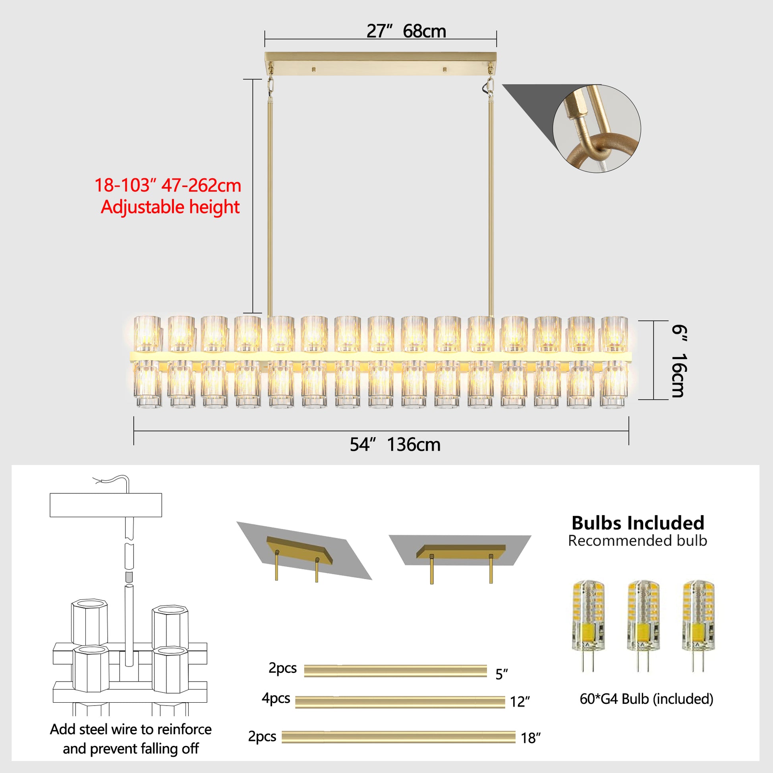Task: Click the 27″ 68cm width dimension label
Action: tap(406, 31)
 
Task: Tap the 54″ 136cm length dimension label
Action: tap(395, 445)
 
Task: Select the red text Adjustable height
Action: tap(170, 207)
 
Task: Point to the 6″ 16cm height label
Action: tap(679, 361)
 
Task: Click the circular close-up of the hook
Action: tap(597, 128)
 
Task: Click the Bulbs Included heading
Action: tap(638, 523)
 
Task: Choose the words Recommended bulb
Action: tap(638, 541)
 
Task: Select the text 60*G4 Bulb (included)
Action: tap(647, 699)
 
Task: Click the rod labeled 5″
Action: tap(395, 671)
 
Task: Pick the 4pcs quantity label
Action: tap(276, 698)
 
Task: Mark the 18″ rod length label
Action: tap(531, 738)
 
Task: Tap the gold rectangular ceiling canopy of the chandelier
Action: tap(381, 64)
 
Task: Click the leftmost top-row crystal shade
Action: tap(148, 334)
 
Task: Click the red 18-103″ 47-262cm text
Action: tap(168, 185)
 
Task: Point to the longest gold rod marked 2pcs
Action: tap(398, 737)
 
